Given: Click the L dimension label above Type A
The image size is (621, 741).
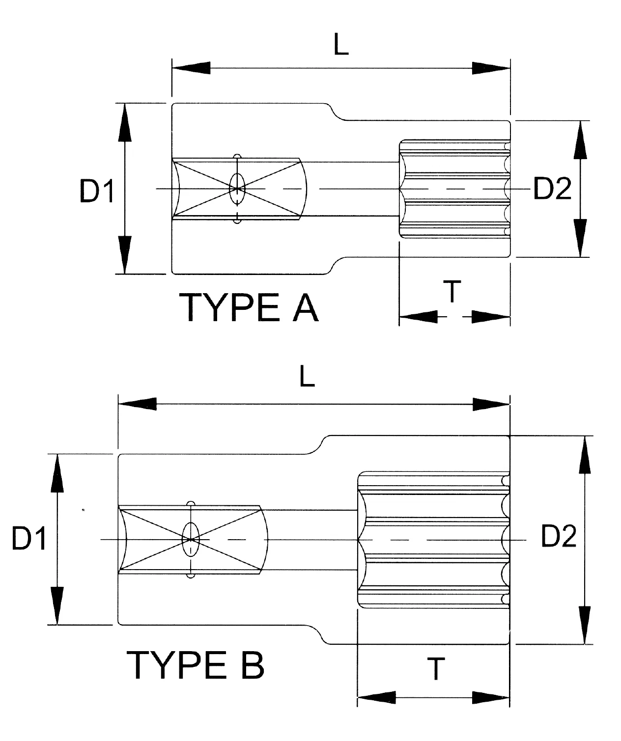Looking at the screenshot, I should pos(341,46).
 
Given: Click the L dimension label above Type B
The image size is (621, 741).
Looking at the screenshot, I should pos(307,377).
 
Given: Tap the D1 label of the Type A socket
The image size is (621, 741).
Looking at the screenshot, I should pos(97,191).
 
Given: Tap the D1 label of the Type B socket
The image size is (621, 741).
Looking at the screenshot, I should pos(29,539).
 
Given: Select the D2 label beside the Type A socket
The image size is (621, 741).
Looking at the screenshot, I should pos(552,189).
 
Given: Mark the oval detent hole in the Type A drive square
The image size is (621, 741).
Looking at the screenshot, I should pos(237,188).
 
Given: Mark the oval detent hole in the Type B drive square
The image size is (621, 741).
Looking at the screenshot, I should pos(190,539).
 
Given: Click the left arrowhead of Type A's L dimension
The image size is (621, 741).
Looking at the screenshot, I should pos(191,68).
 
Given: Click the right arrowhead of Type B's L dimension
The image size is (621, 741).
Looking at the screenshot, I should pos(491,405).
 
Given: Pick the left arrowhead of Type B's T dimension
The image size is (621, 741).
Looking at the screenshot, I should pos(376,697).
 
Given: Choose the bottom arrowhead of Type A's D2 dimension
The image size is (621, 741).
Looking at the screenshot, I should pos(581,238).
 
